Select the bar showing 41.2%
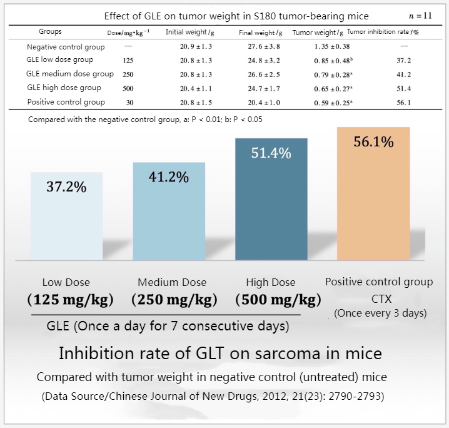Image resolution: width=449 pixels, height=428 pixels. coord(169,210)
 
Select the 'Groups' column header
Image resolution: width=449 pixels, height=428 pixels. coord(50,31)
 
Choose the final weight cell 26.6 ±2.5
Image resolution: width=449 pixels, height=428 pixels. coord(260,74)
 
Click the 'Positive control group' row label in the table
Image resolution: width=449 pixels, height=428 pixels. coord(66,102)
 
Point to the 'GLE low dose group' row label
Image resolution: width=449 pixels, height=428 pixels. coord(60,60)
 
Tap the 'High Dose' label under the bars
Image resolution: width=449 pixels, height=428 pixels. coord(270,283)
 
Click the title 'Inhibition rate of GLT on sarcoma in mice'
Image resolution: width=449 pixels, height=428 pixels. coord(219,354)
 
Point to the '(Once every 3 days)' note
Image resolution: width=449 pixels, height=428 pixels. coord(380,313)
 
